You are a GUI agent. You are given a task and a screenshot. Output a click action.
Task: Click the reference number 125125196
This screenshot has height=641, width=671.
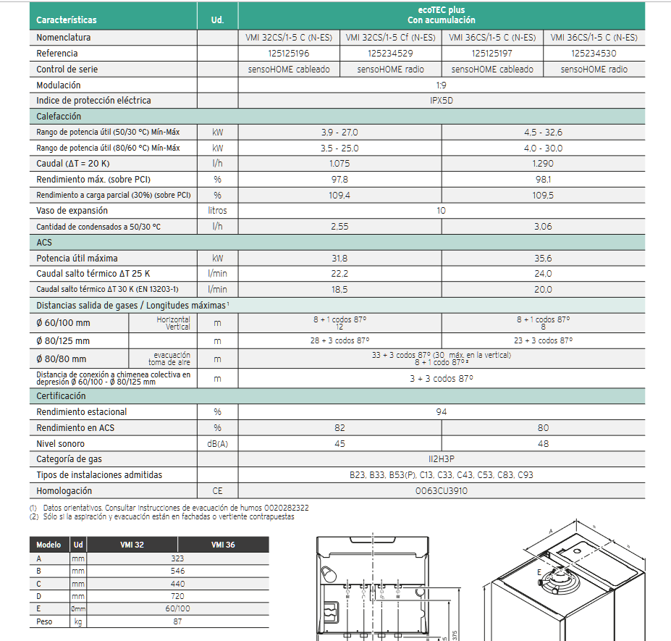[x=288, y=54]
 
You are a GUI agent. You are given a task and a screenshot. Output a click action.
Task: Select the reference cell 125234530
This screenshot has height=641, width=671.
[x=594, y=54]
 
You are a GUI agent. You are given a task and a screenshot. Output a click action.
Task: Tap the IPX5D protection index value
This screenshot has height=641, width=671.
[x=441, y=101]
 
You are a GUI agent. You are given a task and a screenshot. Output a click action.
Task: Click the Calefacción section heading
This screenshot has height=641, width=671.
[x=59, y=117]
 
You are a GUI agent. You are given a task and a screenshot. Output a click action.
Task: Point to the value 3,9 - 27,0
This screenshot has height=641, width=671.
[x=339, y=133]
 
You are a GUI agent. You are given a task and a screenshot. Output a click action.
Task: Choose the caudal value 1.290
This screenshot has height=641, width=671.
[x=543, y=164]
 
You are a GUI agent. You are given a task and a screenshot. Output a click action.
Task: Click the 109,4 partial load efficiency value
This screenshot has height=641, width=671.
[x=339, y=196]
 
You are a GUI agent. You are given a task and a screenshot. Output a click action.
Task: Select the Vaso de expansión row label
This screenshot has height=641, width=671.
[x=72, y=211]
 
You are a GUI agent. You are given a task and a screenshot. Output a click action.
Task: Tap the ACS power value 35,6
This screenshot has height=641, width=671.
[x=543, y=259]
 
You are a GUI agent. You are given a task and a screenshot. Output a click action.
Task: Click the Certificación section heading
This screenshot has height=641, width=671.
[x=62, y=396]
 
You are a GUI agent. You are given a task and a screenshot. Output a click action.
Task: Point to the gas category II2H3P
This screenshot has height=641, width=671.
[x=441, y=459]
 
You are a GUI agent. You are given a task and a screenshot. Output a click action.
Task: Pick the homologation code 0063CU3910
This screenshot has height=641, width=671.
[x=441, y=491]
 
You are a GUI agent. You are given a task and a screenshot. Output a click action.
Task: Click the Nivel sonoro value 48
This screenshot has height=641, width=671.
[x=543, y=444]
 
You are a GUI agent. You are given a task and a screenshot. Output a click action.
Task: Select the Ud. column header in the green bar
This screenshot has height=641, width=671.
[x=217, y=20]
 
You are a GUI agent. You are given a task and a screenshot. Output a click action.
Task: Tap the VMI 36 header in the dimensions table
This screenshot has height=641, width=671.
[x=223, y=545]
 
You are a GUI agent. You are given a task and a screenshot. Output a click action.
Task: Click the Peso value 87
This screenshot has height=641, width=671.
[x=177, y=622]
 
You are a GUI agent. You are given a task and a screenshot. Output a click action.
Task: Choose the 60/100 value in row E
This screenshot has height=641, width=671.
[x=177, y=609]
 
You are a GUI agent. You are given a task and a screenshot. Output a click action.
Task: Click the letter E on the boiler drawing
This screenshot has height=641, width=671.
[x=539, y=572]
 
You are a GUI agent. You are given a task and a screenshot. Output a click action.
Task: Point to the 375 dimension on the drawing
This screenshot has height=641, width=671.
[x=454, y=632]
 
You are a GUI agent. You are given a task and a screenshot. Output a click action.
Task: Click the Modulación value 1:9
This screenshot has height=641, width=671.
[x=441, y=85]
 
